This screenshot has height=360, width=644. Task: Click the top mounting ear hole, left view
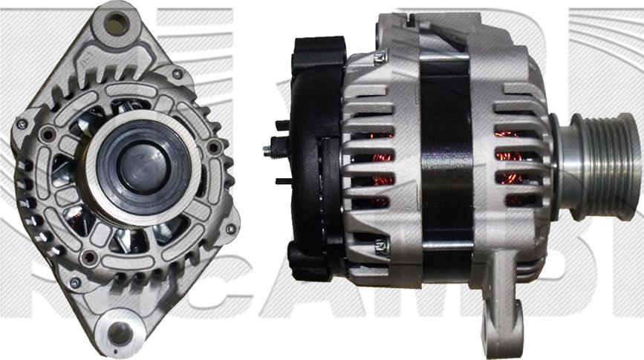(116, 24)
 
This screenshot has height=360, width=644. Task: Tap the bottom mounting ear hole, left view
(119, 333)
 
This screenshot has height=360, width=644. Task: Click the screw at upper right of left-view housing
(177, 74)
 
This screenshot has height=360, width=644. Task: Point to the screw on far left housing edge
(22, 124)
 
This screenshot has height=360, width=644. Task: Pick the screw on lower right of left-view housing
(230, 229)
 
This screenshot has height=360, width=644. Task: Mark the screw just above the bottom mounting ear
(74, 282)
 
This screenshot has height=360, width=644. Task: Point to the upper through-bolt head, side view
(381, 56)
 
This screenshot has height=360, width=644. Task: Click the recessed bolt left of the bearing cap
(48, 134)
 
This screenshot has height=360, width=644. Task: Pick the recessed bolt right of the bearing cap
(215, 146)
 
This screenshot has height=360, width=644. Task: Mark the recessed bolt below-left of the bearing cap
(90, 257)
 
